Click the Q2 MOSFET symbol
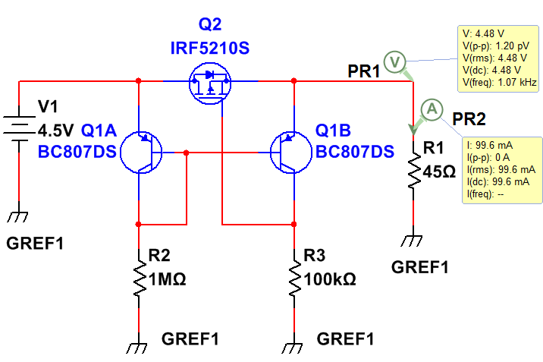[x=210, y=81]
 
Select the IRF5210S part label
[x=209, y=49]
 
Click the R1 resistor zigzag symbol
[x=413, y=172]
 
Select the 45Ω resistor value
[x=439, y=172]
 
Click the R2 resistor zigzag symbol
[x=139, y=280]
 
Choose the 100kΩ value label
[x=329, y=279]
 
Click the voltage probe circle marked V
[x=394, y=61]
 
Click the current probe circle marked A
[x=431, y=109]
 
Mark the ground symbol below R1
[x=412, y=241]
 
